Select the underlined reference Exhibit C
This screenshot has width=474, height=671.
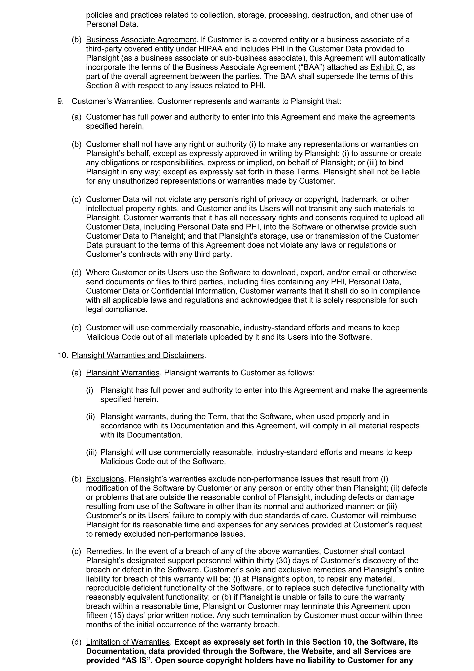tap(386, 67)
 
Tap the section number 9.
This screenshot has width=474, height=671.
tap(60, 101)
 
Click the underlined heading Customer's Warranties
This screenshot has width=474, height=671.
tap(112, 101)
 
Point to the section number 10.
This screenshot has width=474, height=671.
tap(63, 355)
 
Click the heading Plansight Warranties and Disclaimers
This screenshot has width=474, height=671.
tap(138, 355)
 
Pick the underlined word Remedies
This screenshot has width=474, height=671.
tap(104, 551)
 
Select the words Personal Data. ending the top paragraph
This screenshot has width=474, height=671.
tap(112, 24)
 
